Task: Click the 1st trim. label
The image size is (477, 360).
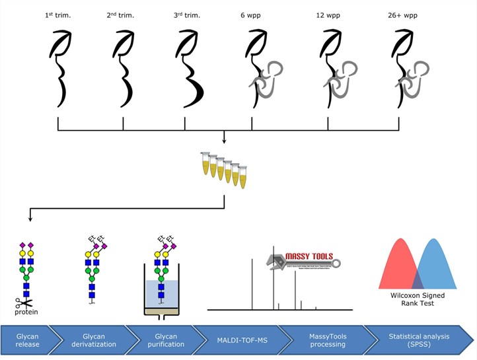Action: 58,14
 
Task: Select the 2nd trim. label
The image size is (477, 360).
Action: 121,14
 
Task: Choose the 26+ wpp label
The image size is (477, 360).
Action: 406,14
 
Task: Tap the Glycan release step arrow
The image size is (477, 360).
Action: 27,340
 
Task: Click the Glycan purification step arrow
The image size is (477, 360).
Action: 161,340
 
